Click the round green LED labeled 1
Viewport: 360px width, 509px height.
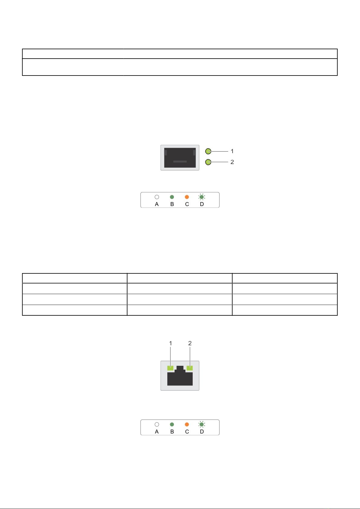click(208, 151)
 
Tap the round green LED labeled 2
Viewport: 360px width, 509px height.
click(208, 162)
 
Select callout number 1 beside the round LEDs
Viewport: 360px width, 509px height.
click(232, 151)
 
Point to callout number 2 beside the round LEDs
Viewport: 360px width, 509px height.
click(232, 162)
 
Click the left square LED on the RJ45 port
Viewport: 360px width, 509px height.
click(170, 368)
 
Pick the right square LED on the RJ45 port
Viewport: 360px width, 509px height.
click(190, 368)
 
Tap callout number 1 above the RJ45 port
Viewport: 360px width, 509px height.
click(171, 343)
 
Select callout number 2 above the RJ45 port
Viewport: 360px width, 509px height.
click(190, 343)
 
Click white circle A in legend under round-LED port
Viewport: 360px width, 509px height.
click(157, 197)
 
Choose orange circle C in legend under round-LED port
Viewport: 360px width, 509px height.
click(187, 197)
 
